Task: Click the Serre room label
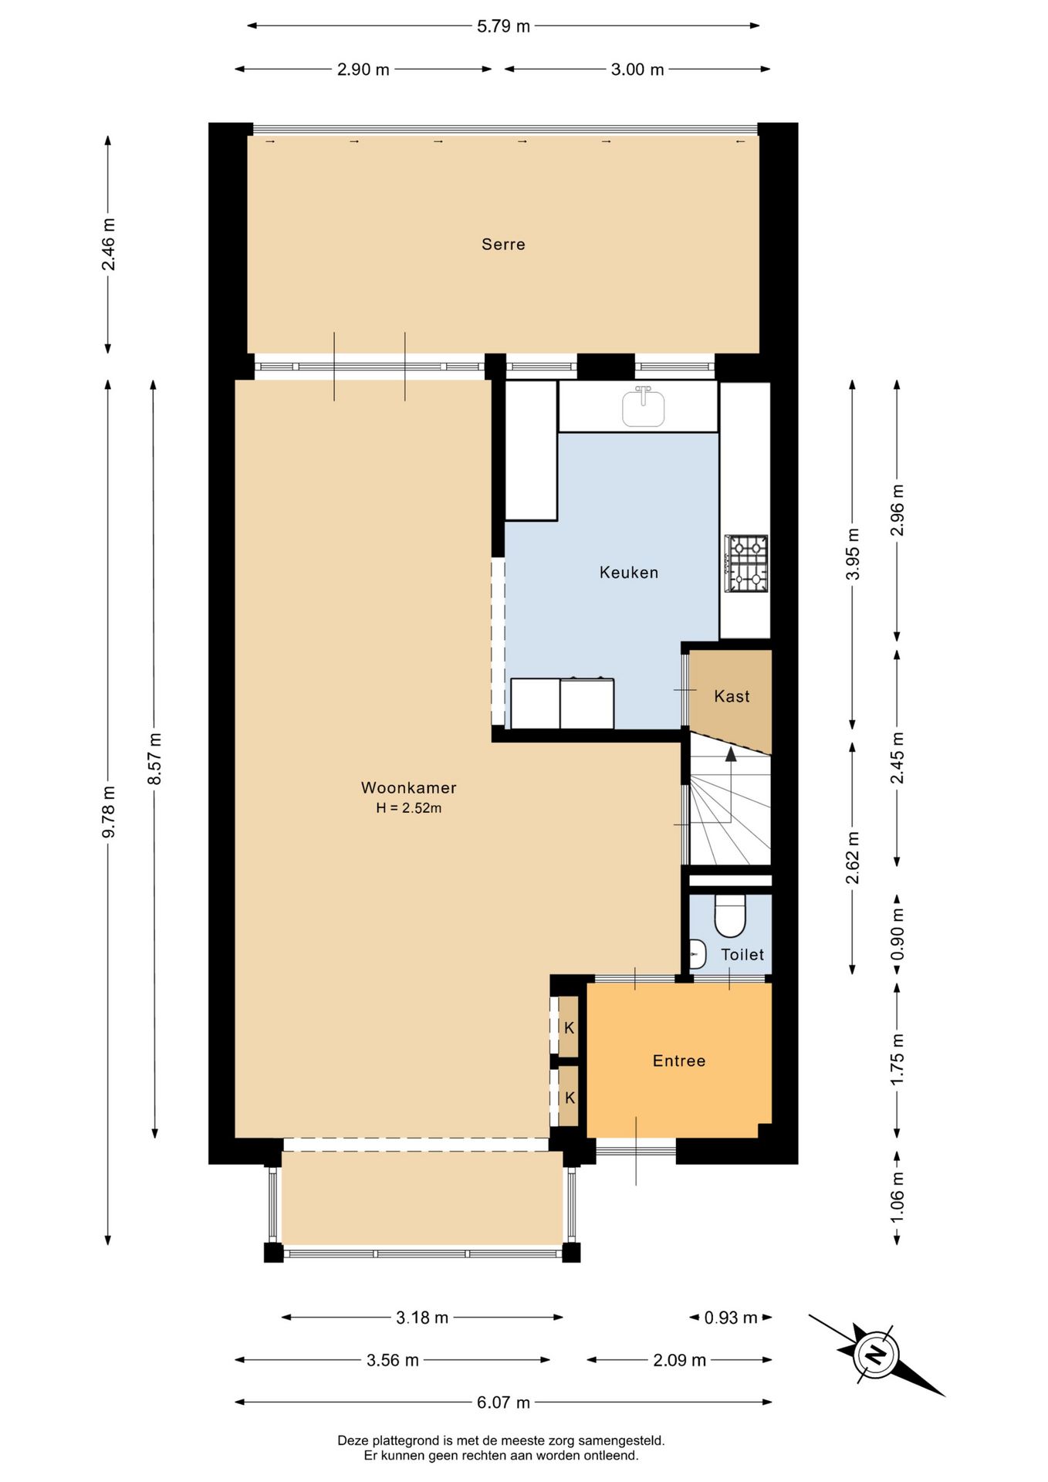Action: [x=503, y=244]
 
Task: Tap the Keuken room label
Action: [x=629, y=572]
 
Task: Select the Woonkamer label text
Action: [x=408, y=787]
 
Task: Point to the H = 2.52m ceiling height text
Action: [x=408, y=808]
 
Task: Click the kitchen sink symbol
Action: [x=643, y=406]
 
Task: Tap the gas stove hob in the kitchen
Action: [x=746, y=563]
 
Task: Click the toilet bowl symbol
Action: [x=730, y=916]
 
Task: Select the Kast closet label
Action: [x=732, y=696]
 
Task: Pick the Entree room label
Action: [x=679, y=1061]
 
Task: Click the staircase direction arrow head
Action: [x=731, y=753]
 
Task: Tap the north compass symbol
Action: [x=876, y=1354]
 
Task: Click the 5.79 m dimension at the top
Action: [x=503, y=26]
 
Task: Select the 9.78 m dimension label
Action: [x=109, y=811]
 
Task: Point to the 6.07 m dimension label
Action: [x=503, y=1402]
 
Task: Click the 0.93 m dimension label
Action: [x=730, y=1318]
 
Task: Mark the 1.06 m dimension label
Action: [x=897, y=1196]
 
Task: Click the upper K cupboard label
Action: [x=570, y=1027]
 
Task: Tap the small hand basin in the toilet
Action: [x=698, y=955]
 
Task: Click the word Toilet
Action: [x=742, y=955]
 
